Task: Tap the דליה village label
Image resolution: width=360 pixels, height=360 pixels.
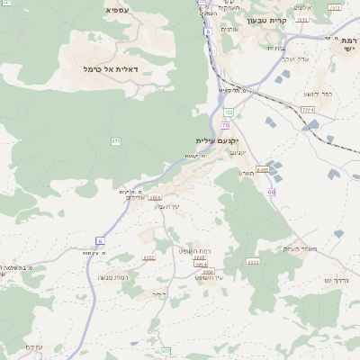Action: tap(160, 294)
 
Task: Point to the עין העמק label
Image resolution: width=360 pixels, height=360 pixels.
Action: tap(168, 207)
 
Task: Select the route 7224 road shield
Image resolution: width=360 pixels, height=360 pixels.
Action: tap(308, 109)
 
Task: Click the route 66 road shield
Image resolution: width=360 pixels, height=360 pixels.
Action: tap(271, 192)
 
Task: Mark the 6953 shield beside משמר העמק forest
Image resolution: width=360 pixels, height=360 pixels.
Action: tap(253, 262)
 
